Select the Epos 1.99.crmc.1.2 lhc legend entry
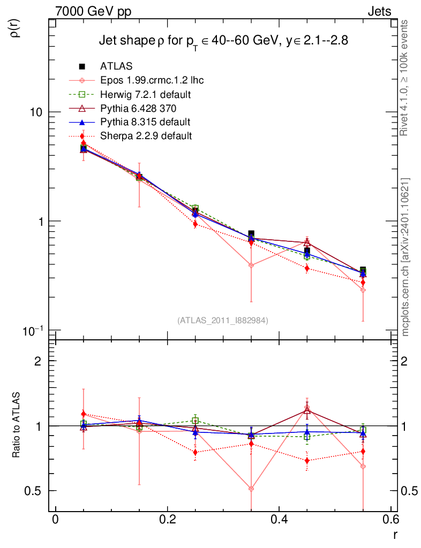coord(152,81)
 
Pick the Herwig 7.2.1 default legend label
coord(146,95)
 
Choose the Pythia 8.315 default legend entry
coord(145,122)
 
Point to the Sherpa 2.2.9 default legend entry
coord(146,136)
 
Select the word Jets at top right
coord(379,12)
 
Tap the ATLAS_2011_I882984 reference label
coord(223,320)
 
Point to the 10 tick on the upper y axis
coord(36,112)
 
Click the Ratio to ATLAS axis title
coord(17,426)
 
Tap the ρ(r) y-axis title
coord(16,27)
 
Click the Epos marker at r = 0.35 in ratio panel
coord(251,489)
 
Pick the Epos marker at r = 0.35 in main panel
coord(251,265)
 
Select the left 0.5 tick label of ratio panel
coord(36,491)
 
